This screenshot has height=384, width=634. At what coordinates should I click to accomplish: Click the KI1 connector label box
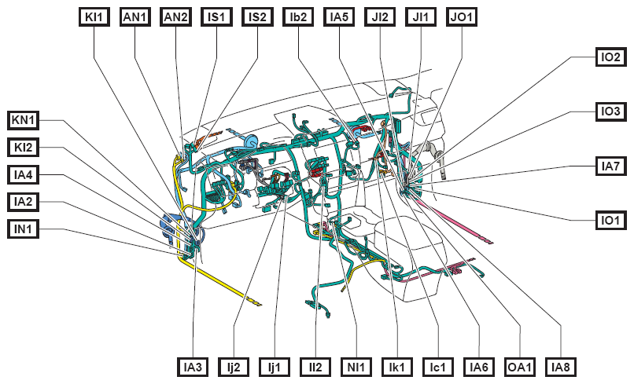pos(94,17)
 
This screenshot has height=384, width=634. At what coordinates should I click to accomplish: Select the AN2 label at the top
pos(176,17)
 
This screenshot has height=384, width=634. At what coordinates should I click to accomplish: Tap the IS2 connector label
pos(257,17)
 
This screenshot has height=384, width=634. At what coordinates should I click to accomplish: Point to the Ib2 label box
pos(298,17)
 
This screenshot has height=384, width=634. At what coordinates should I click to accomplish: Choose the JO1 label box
pos(462,17)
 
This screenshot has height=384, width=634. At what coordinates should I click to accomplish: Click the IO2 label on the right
pos(610,57)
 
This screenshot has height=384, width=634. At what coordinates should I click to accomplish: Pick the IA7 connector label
pos(610,166)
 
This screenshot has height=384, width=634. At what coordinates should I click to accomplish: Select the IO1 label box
pos(610,220)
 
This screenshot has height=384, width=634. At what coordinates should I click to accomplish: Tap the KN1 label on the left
pos(23,120)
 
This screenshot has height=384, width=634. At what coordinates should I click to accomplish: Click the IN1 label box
pos(23,229)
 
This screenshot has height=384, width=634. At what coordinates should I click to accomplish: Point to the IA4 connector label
pos(23,174)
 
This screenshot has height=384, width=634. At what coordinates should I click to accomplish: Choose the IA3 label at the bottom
pos(193,367)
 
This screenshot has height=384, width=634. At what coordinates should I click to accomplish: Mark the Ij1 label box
pos(275,367)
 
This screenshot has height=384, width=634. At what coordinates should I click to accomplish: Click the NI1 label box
pos(356,367)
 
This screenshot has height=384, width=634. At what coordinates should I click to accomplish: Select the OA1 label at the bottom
pos(520,367)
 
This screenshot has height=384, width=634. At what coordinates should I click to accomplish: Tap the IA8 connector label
pos(560,367)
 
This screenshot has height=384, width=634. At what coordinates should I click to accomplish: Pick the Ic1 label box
pos(438,367)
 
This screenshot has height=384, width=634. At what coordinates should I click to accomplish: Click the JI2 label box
pos(380,17)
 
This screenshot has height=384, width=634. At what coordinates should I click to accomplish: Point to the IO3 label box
pos(610,111)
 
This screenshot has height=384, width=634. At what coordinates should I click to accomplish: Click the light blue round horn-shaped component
pos(251,142)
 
